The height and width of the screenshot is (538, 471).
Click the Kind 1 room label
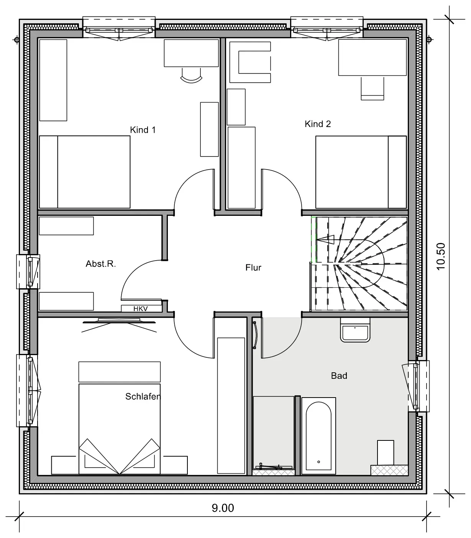tap(143, 130)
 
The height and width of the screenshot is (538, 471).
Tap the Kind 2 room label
tap(317, 124)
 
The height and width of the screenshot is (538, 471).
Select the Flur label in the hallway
tap(253, 267)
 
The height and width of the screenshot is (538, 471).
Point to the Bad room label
tap(339, 375)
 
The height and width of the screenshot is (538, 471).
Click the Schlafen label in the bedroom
tap(143, 396)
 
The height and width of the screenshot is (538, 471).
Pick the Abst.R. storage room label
tap(101, 264)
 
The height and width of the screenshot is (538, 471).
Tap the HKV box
tap(141, 308)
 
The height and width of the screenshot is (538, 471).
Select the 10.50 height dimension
tap(441, 256)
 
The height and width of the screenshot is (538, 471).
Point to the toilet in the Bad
tap(386, 453)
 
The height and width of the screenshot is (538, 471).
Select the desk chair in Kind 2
tap(372, 88)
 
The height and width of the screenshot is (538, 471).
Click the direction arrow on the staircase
tap(325, 240)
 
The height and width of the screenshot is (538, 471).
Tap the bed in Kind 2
tap(361, 172)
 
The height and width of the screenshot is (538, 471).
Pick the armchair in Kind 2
tap(250, 62)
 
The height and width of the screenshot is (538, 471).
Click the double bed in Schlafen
tap(120, 429)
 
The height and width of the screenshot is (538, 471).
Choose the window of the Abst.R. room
tap(28, 272)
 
